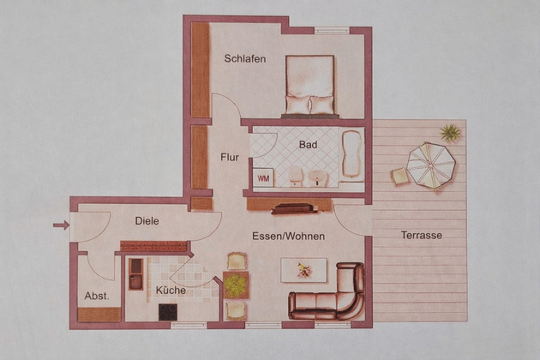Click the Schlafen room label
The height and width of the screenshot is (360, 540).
pyautogui.click(x=245, y=58)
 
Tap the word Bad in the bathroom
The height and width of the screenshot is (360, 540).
pyautogui.click(x=308, y=145)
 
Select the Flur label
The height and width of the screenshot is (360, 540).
pyautogui.click(x=230, y=158)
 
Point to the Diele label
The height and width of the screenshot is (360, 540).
pyautogui.click(x=147, y=221)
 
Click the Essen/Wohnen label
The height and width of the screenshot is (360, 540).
pyautogui.click(x=289, y=237)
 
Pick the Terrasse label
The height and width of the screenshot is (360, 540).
pyautogui.click(x=422, y=236)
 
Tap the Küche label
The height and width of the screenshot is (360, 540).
pyautogui.click(x=171, y=290)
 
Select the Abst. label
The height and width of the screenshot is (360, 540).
pyautogui.click(x=97, y=296)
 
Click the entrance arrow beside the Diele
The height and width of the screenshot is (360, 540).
pyautogui.click(x=62, y=225)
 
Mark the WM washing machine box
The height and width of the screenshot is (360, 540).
pyautogui.click(x=263, y=177)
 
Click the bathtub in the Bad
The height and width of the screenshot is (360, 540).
pyautogui.click(x=351, y=154)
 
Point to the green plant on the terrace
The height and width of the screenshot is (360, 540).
pyautogui.click(x=450, y=133)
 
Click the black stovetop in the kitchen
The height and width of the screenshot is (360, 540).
pyautogui.click(x=168, y=312)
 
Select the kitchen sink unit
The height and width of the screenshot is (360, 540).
pyautogui.click(x=135, y=274)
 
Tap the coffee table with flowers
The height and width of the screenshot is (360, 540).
pyautogui.click(x=303, y=271)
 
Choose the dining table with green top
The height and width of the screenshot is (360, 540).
pyautogui.click(x=236, y=285)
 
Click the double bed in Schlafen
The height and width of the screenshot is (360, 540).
pyautogui.click(x=310, y=86)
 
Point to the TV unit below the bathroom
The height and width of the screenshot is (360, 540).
pyautogui.click(x=294, y=209)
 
